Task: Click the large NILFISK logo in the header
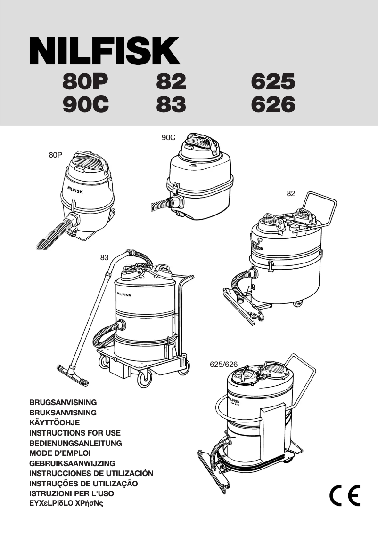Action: coord(105,52)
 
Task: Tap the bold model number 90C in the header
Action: coord(86,105)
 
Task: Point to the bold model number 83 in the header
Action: coord(171,105)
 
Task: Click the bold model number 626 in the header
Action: coord(273,105)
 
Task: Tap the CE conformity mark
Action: coord(345,494)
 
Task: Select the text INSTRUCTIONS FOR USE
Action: coord(75,433)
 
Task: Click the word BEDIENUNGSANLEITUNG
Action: coord(75,443)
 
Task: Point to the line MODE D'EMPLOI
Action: coord(60,453)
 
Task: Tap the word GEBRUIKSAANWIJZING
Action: coord(72,464)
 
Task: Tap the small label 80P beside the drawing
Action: coord(56,154)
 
